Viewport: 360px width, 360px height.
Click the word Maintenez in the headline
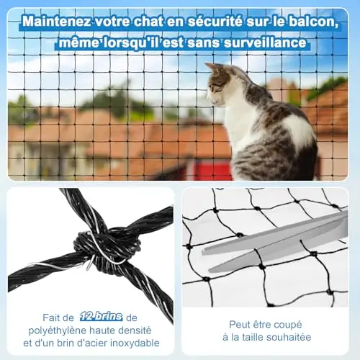pos(57,22)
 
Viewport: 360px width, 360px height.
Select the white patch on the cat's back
pos(300,131)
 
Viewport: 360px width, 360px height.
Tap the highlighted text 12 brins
pos(102,317)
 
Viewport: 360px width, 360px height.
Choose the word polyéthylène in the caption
pos(56,331)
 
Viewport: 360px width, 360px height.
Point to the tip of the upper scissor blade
pos(202,252)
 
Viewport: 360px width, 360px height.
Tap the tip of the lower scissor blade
pos(210,271)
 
